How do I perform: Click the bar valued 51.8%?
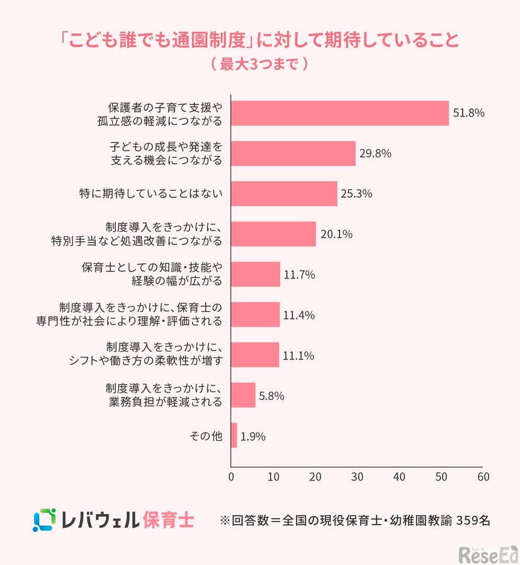tap(340, 113)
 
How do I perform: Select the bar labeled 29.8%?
tap(293, 153)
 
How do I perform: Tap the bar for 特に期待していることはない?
tap(284, 193)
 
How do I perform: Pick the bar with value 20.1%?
tap(273, 234)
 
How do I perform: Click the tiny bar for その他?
tap(234, 435)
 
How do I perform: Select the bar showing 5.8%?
tap(244, 395)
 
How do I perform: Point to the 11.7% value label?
tap(298, 275)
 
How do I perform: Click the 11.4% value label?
tap(298, 315)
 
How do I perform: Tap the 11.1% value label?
tap(298, 355)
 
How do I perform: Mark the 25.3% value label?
tap(356, 194)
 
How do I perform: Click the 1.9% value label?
tap(252, 436)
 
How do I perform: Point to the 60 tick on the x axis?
tap(482, 476)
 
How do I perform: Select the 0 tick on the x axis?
tap(232, 476)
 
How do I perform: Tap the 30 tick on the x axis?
tap(357, 476)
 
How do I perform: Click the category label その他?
tap(206, 435)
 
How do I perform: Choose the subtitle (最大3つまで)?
tap(259, 64)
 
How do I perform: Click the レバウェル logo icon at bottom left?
tap(45, 520)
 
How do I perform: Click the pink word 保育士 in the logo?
tap(168, 520)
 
